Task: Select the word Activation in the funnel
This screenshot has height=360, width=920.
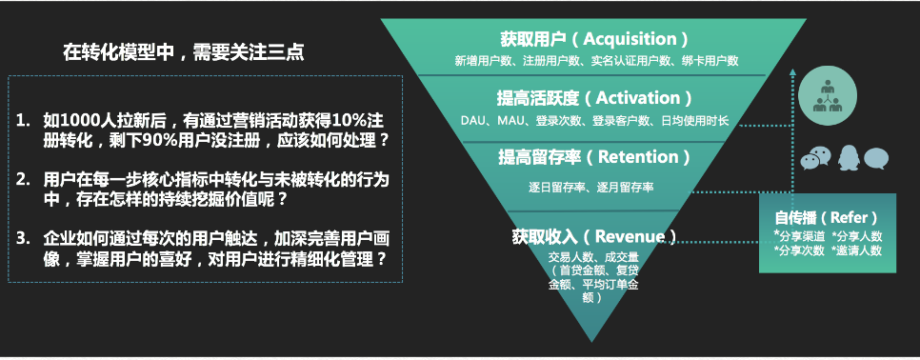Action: click(632, 98)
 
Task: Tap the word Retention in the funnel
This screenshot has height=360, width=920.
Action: click(628, 156)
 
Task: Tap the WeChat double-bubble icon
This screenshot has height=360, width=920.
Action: click(817, 157)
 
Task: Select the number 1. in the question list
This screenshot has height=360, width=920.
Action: click(24, 121)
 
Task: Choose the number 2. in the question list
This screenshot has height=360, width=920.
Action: click(24, 179)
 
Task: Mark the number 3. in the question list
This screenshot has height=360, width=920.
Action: click(24, 237)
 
